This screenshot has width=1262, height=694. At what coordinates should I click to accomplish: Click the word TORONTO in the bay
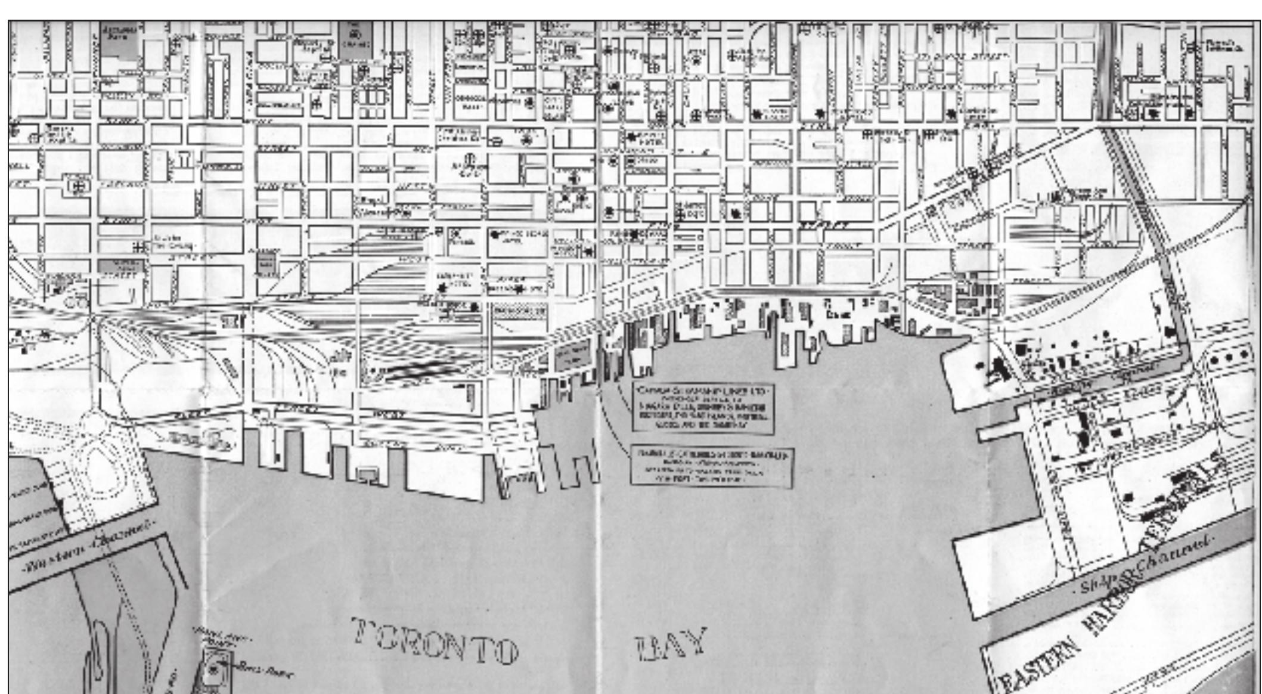click(x=434, y=640)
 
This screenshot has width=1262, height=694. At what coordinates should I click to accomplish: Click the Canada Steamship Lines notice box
click(x=703, y=408)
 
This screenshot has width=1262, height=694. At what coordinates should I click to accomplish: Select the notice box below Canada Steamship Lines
click(x=712, y=467)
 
